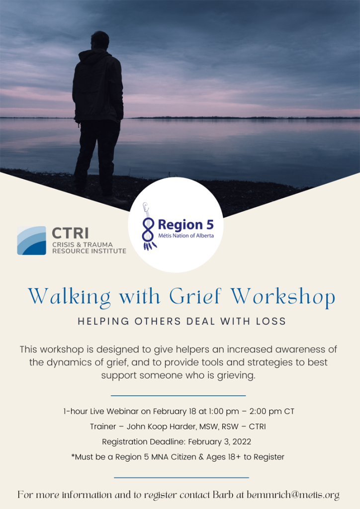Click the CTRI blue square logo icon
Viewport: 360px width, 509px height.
(x=31, y=241)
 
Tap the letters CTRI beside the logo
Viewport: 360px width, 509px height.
(x=70, y=233)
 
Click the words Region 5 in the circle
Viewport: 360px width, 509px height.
(x=185, y=225)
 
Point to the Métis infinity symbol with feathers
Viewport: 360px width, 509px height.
(x=148, y=227)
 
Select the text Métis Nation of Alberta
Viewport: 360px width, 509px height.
(x=186, y=236)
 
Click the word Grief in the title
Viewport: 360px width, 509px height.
(x=195, y=296)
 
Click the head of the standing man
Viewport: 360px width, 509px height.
(x=99, y=41)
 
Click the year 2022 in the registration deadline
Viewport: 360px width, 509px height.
(x=242, y=442)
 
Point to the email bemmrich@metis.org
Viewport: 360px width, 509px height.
(x=293, y=495)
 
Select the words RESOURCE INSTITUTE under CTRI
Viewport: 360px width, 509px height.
(x=90, y=251)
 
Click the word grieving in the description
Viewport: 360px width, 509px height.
(x=236, y=376)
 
